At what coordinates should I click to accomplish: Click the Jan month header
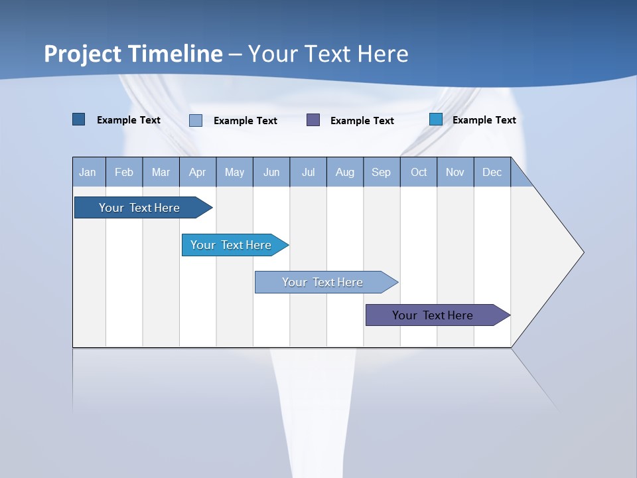[x=88, y=172]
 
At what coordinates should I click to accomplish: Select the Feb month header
[x=124, y=172]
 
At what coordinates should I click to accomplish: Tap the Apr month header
[x=197, y=172]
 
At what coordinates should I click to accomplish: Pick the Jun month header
[x=271, y=172]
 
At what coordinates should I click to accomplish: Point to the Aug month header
[x=344, y=172]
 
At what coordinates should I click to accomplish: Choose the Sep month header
[x=381, y=172]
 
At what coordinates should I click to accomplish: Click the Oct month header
[x=419, y=172]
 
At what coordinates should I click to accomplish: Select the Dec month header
[x=492, y=172]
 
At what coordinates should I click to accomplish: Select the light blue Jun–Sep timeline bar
[x=323, y=282]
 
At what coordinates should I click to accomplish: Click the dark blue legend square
[x=79, y=119]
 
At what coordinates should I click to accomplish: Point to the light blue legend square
[x=196, y=120]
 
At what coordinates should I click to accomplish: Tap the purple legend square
[x=313, y=119]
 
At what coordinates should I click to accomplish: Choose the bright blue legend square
[x=436, y=119]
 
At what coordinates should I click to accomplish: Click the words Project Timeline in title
[x=133, y=53]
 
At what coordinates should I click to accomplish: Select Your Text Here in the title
[x=328, y=53]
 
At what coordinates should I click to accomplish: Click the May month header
[x=234, y=172]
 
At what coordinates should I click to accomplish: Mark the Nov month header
[x=455, y=172]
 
